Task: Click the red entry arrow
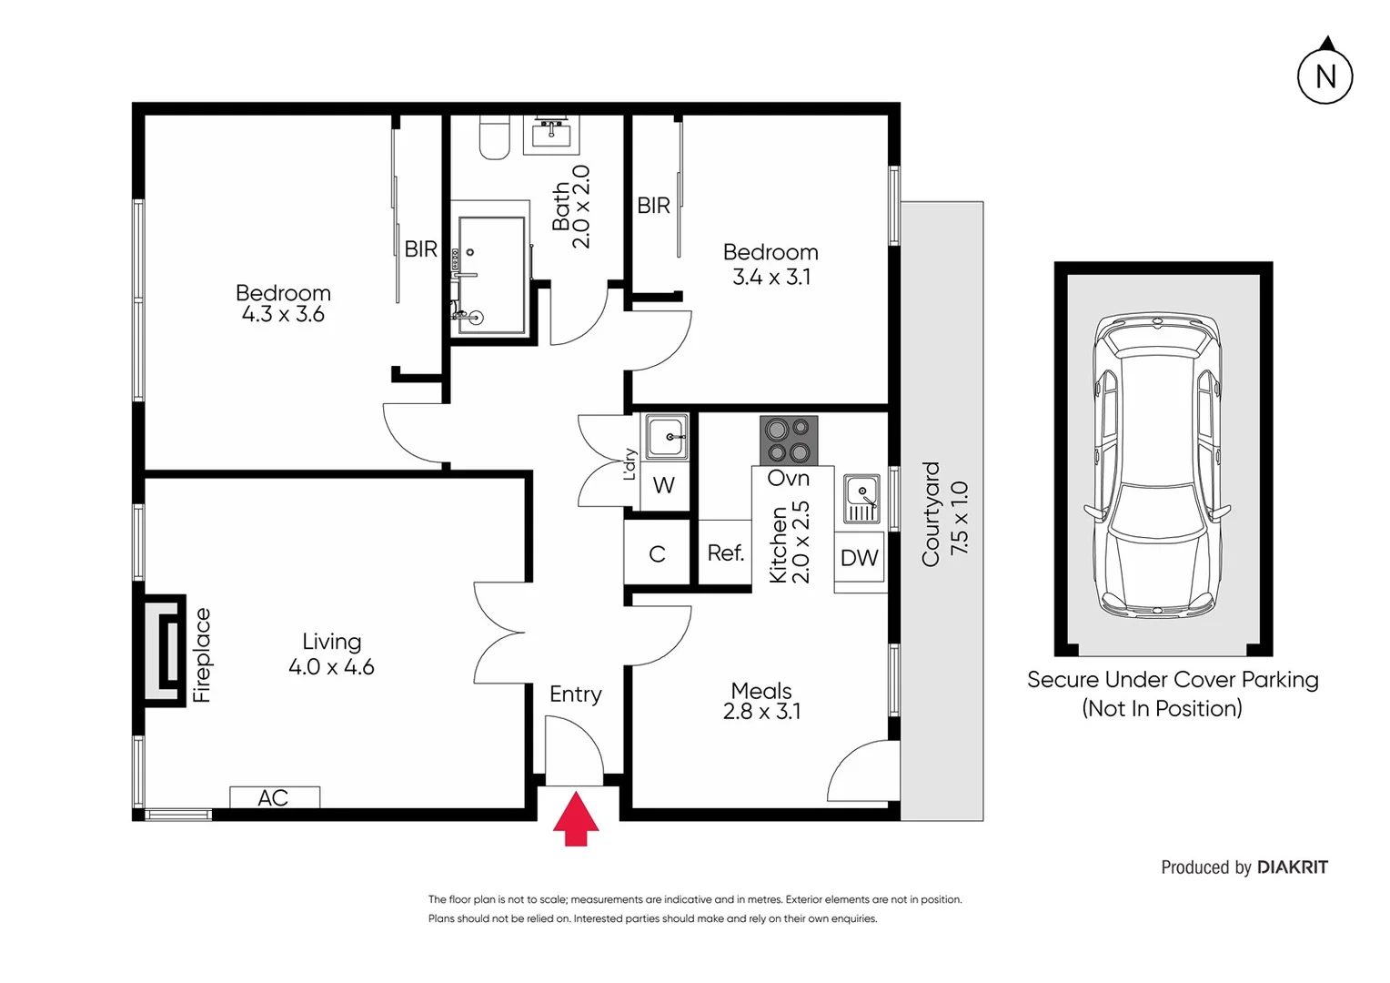(576, 819)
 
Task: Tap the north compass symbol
(1325, 76)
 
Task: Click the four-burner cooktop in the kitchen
(789, 441)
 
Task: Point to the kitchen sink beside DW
(861, 499)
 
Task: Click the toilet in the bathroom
(494, 139)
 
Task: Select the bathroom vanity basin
(551, 136)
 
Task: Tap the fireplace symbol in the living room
(165, 650)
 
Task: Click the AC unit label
(274, 797)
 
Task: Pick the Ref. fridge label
(725, 552)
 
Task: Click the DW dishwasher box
(860, 558)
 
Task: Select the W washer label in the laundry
(664, 486)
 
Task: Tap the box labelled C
(658, 553)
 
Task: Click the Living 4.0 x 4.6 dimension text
(331, 667)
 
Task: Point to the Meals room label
(761, 691)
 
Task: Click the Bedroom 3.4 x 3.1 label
(771, 265)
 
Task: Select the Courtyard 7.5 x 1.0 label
(944, 514)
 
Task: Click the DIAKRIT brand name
(1292, 867)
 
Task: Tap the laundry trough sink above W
(667, 437)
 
